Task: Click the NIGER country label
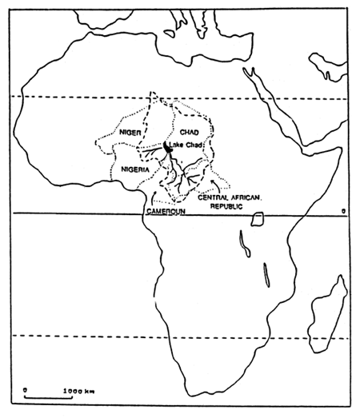click(130, 130)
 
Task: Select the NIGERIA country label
click(138, 169)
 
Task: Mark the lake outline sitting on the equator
click(258, 218)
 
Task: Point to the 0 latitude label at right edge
click(342, 210)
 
